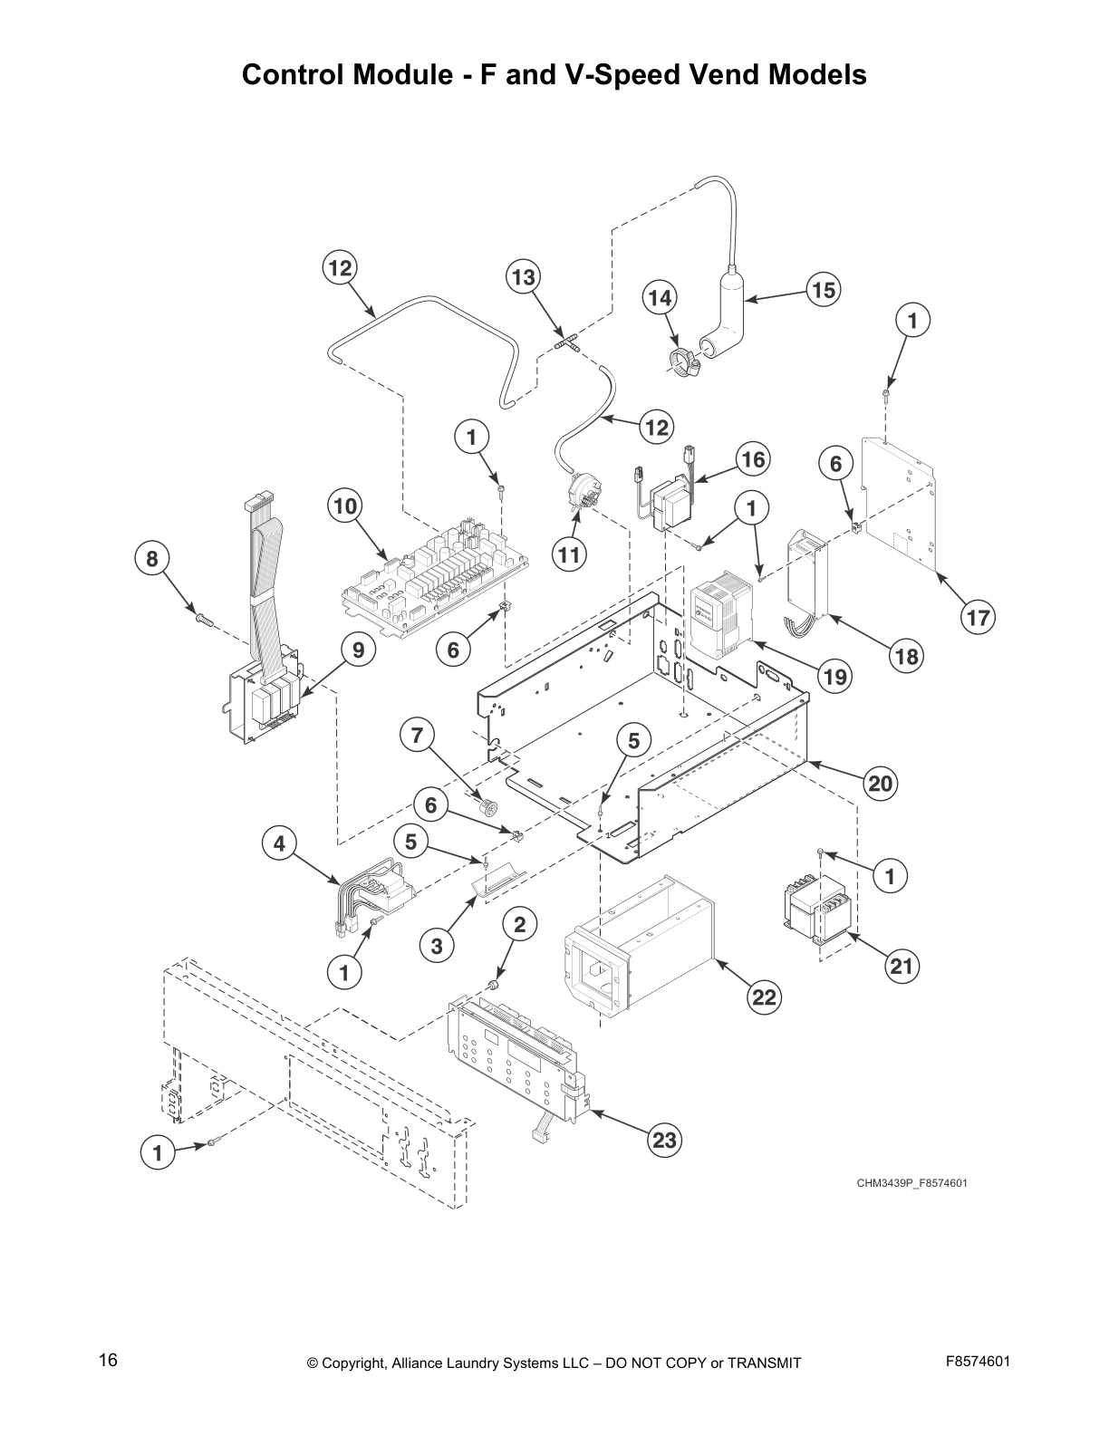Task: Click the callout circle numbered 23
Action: (665, 1140)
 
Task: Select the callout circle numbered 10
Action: (345, 506)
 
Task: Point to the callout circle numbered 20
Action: (881, 783)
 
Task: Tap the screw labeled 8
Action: (204, 620)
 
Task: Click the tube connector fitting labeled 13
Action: (565, 343)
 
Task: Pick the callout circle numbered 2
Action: (519, 925)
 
